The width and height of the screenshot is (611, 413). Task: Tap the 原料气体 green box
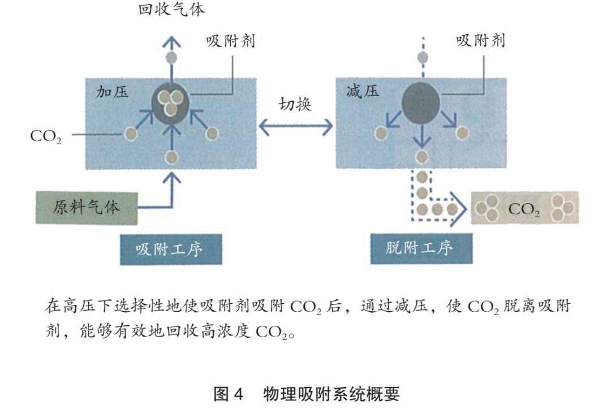tap(87, 206)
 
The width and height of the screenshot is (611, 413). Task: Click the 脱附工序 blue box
tap(420, 248)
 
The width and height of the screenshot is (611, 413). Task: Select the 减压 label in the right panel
tap(362, 91)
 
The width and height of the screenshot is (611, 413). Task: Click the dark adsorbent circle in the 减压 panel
tap(420, 104)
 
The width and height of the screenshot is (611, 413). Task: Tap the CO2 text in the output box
tap(524, 209)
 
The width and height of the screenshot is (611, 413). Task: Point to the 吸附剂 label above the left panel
tap(230, 41)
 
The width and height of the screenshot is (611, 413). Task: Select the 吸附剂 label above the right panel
tap(480, 41)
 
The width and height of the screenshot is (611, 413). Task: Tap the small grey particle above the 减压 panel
tap(421, 57)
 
